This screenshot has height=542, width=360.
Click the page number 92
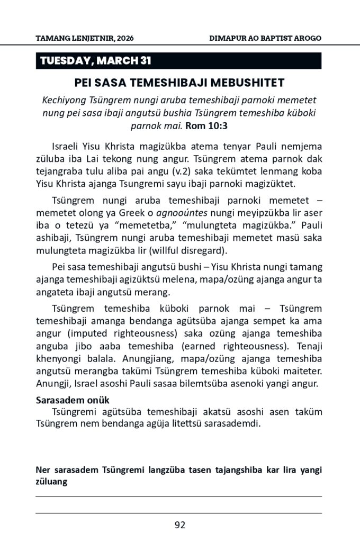(180, 526)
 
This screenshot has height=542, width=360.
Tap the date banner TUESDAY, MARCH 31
(96, 61)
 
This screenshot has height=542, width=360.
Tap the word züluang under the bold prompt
(51, 482)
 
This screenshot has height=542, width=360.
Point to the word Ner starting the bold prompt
(43, 470)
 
